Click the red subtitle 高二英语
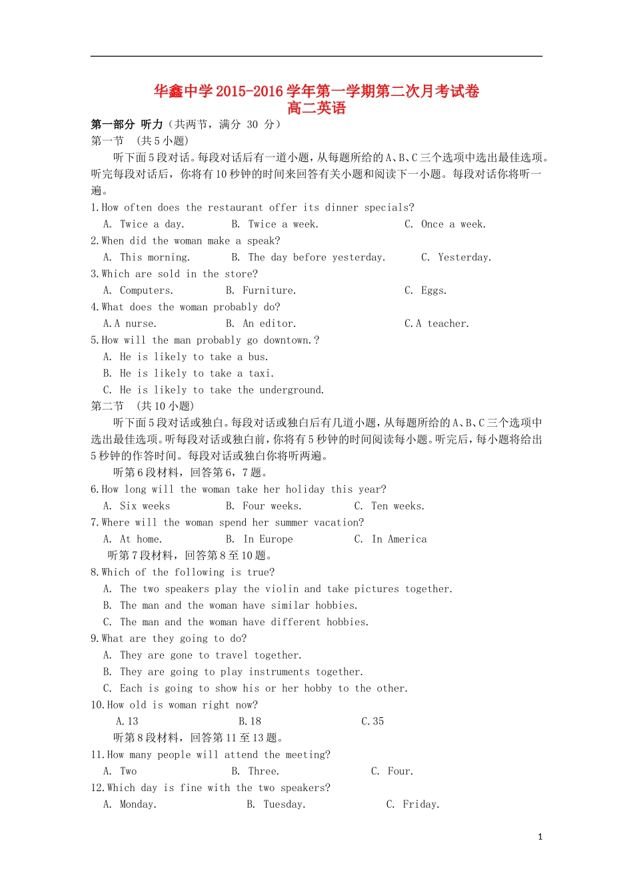pos(316,108)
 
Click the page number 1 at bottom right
pos(540,837)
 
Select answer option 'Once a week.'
pos(453,224)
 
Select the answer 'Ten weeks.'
pos(397,506)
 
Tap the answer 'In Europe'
pos(268,539)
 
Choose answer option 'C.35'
pos(372,721)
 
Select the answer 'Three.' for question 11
pos(263,771)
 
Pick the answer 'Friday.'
pos(421,804)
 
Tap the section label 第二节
pos(107,406)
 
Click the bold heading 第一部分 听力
pos(127,125)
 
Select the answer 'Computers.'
pos(146,290)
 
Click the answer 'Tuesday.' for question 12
pos(285,804)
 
